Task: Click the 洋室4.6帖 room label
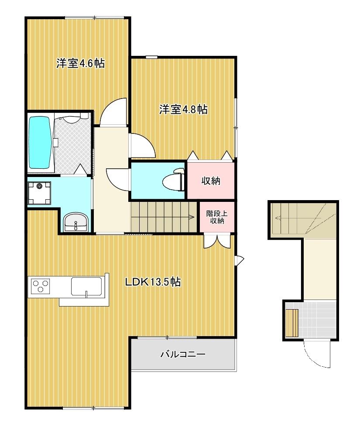[80, 63]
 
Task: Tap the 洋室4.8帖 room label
[183, 109]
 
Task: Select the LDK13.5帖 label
[153, 282]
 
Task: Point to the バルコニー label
[183, 354]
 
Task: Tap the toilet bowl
[170, 181]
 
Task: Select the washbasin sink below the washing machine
[75, 223]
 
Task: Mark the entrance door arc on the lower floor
[317, 353]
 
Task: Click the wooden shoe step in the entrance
[292, 323]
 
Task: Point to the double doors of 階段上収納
[216, 241]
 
